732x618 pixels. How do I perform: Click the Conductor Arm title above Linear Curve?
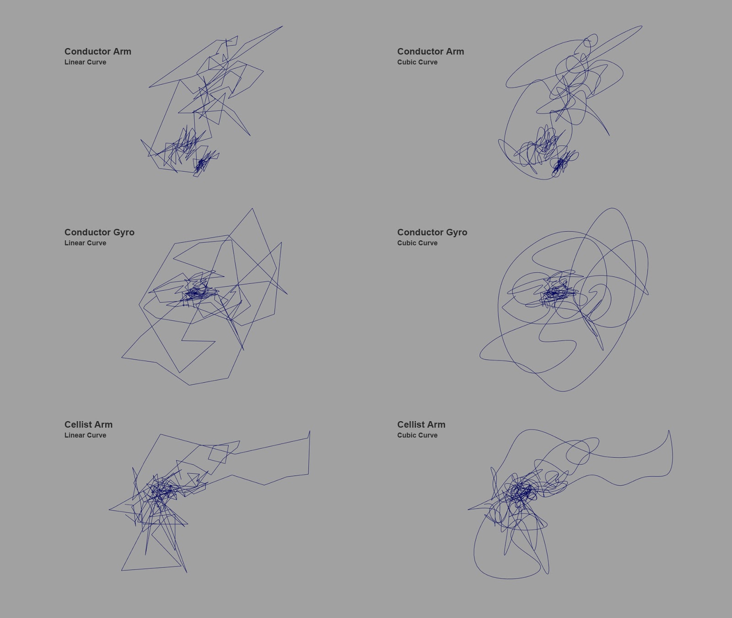(98, 51)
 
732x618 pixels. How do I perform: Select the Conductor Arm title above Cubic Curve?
(431, 51)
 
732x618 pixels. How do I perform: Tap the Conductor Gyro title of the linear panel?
(99, 232)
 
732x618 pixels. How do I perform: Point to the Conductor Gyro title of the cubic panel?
(432, 232)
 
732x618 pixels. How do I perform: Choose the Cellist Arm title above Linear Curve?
(88, 424)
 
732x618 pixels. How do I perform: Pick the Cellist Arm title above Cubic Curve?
(421, 424)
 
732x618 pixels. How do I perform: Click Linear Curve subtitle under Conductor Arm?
(85, 62)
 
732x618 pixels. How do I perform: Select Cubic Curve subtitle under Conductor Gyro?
(417, 243)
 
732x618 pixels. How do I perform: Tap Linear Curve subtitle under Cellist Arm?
(85, 435)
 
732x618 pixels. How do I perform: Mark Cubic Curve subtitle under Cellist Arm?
(417, 435)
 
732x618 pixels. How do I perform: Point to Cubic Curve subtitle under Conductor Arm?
(417, 62)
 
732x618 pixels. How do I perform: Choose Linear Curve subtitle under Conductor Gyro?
(85, 243)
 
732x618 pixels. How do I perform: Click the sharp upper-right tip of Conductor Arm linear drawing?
(283, 26)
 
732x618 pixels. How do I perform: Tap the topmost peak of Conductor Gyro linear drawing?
(252, 208)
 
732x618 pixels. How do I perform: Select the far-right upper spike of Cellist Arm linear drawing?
(310, 431)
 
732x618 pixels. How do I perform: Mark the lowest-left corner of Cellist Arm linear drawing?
(121, 570)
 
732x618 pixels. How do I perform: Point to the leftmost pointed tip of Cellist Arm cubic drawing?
(468, 510)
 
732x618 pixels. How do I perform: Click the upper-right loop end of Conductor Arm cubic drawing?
(642, 27)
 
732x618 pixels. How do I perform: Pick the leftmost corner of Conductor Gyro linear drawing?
(121, 357)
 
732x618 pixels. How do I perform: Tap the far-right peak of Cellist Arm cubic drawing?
(669, 430)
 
